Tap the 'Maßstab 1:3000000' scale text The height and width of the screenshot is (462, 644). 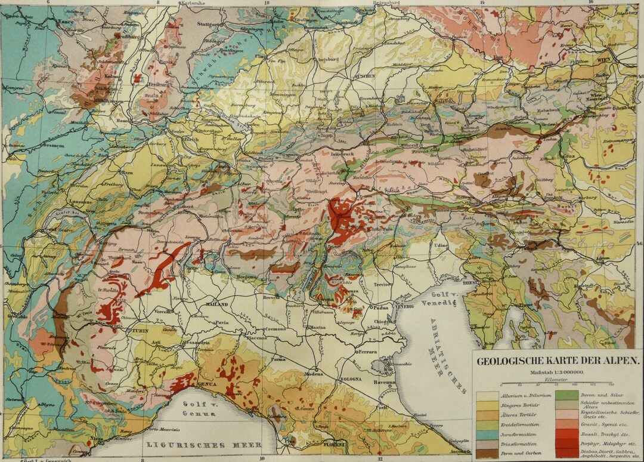556,371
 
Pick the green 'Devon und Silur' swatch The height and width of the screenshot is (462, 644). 566,395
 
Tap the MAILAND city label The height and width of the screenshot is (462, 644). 218,304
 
